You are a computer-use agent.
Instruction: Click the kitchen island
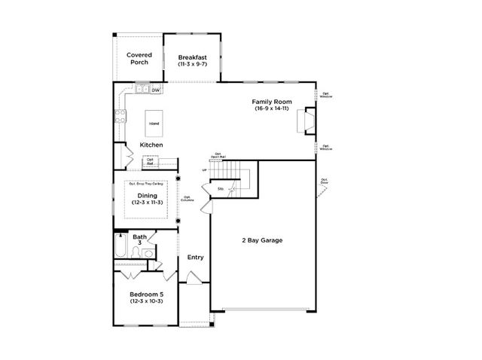point(154,123)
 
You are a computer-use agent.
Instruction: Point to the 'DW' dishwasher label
point(156,90)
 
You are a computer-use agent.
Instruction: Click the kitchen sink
point(141,90)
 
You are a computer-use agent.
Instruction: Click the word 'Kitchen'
point(152,145)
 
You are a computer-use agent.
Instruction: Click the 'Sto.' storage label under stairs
point(221,188)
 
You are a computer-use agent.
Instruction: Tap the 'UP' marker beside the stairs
point(204,170)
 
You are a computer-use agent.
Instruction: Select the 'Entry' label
point(195,257)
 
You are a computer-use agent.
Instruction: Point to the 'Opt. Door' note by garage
point(325,181)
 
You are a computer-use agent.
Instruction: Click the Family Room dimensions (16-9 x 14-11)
point(272,109)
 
